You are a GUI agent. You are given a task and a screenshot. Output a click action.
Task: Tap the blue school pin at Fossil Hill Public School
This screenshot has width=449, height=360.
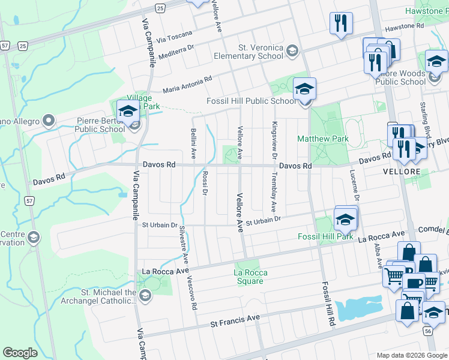pyautogui.click(x=304, y=89)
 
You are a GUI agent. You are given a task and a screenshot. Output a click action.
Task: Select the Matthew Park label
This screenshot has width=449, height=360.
pyautogui.click(x=323, y=139)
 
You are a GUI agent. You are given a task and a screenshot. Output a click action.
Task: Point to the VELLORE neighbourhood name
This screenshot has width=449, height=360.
pyautogui.click(x=400, y=172)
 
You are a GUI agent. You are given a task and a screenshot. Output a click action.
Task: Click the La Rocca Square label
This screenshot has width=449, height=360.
pyautogui.click(x=250, y=277)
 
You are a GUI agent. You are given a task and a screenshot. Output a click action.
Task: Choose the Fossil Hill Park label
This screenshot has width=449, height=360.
pyautogui.click(x=326, y=236)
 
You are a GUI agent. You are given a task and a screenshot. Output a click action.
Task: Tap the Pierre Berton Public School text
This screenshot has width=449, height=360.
pyautogui.click(x=100, y=125)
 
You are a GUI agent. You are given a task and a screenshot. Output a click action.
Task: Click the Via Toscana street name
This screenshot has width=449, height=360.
pyautogui.click(x=175, y=36)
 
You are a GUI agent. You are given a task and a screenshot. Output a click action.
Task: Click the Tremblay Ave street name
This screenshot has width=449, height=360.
pyautogui.click(x=274, y=193)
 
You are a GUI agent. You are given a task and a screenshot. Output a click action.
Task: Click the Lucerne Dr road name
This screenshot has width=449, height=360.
pyautogui.click(x=355, y=185)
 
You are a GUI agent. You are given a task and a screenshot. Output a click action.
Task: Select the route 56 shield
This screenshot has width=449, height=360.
pyautogui.click(x=428, y=331)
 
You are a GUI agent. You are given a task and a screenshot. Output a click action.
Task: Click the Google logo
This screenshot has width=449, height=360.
pyautogui.click(x=20, y=353)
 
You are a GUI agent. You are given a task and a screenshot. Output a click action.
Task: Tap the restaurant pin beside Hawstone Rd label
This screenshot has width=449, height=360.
pyautogui.click(x=341, y=23)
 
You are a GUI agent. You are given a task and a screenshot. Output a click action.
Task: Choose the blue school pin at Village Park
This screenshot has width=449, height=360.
pyautogui.click(x=128, y=112)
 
